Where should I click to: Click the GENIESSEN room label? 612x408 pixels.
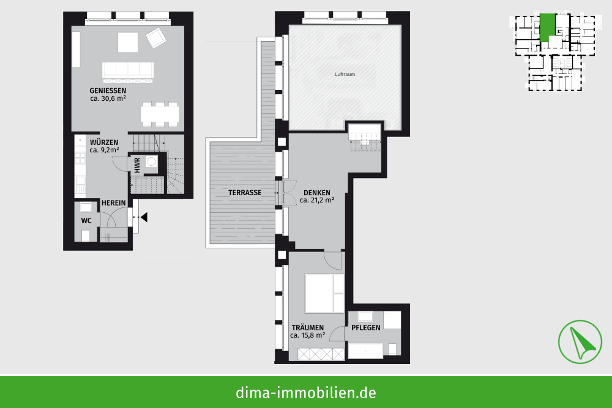pos(108,91)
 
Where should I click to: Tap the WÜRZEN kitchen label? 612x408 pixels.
pos(104,143)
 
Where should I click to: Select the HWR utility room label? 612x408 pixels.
pos(137,165)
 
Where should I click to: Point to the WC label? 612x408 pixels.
pos(86,221)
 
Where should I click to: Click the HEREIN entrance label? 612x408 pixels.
pos(114,203)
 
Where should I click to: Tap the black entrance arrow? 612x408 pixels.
pos(144,217)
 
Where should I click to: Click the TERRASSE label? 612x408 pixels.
pos(245,193)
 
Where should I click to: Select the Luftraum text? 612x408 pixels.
pos(345,74)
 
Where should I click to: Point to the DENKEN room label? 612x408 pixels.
pos(317,193)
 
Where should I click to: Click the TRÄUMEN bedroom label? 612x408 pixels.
pos(308,328)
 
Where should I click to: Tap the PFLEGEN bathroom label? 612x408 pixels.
pos(366,328)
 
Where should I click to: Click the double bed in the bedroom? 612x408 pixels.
pos(324,294)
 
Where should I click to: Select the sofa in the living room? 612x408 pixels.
pos(128,72)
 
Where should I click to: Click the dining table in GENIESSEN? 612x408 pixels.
pos(160,114)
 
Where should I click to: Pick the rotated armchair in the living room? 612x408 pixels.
pos(156,37)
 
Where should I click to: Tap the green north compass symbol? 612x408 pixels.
pos(580,342)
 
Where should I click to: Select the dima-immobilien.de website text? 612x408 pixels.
pos(306,393)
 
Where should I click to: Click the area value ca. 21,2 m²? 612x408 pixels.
pos(317,200)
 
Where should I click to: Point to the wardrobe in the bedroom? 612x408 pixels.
pos(321,354)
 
